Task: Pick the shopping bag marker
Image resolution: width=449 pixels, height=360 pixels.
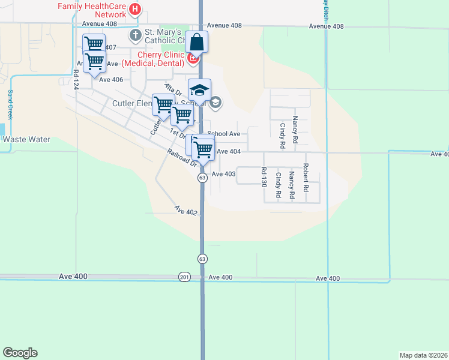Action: [x=196, y=43]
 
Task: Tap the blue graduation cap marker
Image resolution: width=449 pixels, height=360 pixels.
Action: [x=199, y=91]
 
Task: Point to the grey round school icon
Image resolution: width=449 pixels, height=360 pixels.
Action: [x=216, y=103]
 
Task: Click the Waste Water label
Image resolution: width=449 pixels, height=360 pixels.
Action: [x=26, y=139]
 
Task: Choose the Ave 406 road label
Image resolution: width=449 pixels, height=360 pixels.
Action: [x=111, y=80]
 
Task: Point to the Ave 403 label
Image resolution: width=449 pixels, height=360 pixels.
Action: [x=224, y=174]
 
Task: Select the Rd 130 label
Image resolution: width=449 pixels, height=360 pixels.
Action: [x=263, y=177]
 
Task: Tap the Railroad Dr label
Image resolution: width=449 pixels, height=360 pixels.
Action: [x=182, y=158]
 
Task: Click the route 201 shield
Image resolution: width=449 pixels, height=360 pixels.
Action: [x=184, y=277]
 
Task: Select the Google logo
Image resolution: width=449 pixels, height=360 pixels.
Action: [x=20, y=353]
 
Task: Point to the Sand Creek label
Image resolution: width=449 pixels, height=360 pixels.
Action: [x=10, y=105]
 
